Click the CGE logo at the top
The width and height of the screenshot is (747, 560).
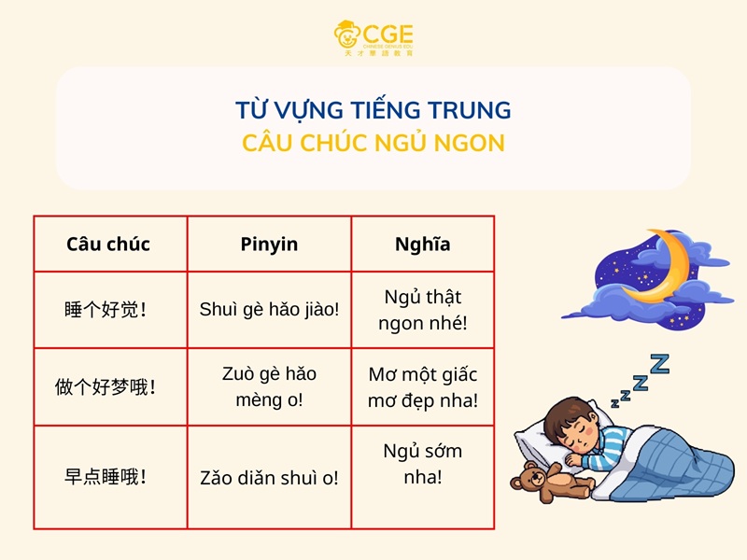[x=373, y=38]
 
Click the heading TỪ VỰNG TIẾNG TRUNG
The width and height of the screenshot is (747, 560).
[x=373, y=111]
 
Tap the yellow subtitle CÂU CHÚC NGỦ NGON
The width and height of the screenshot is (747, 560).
[x=373, y=144]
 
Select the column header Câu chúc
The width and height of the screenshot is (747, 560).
[x=108, y=245]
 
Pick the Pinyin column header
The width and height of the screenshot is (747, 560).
[x=269, y=245]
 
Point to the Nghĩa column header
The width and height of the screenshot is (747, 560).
[x=422, y=245]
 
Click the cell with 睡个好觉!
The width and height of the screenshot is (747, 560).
[x=108, y=310]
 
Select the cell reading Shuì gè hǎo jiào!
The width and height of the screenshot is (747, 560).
[x=269, y=310]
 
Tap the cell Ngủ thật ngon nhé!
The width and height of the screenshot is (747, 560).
[x=422, y=310]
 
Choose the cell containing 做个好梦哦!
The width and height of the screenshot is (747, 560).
[x=108, y=386]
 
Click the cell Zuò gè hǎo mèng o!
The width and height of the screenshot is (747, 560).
[x=269, y=386]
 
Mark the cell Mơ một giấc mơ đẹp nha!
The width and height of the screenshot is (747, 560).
[x=422, y=386]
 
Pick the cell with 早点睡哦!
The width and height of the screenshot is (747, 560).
[x=108, y=477]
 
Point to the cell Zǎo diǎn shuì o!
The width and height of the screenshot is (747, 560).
[x=269, y=477]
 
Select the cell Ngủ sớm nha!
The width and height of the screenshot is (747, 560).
[x=422, y=464]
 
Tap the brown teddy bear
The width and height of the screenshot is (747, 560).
[x=545, y=479]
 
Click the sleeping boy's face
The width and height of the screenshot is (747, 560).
[x=571, y=425]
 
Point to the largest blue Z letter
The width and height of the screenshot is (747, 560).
[x=659, y=362]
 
